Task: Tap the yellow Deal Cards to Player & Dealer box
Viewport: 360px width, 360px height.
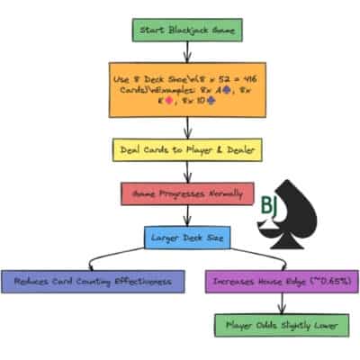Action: pyautogui.click(x=187, y=150)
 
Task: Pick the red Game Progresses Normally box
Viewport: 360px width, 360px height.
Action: pyautogui.click(x=186, y=193)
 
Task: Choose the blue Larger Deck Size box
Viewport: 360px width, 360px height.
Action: pyautogui.click(x=187, y=238)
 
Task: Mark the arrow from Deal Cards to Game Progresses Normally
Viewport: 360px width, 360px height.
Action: pyautogui.click(x=187, y=173)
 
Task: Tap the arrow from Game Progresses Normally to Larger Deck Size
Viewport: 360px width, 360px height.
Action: pyautogui.click(x=187, y=216)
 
